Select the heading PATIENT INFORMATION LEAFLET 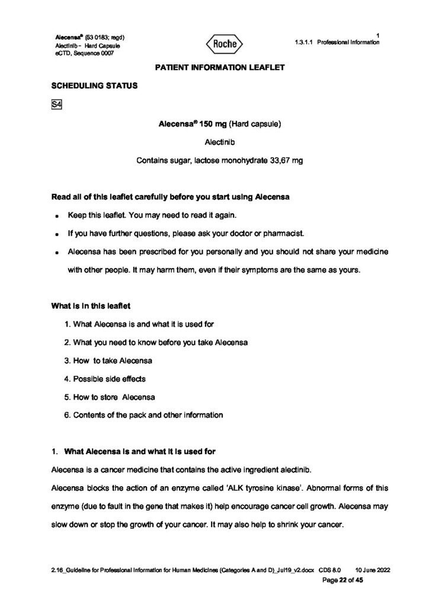220,68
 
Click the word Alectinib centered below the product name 219,142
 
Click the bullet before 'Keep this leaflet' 55,215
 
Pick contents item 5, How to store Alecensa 110,397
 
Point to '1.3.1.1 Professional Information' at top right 336,43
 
